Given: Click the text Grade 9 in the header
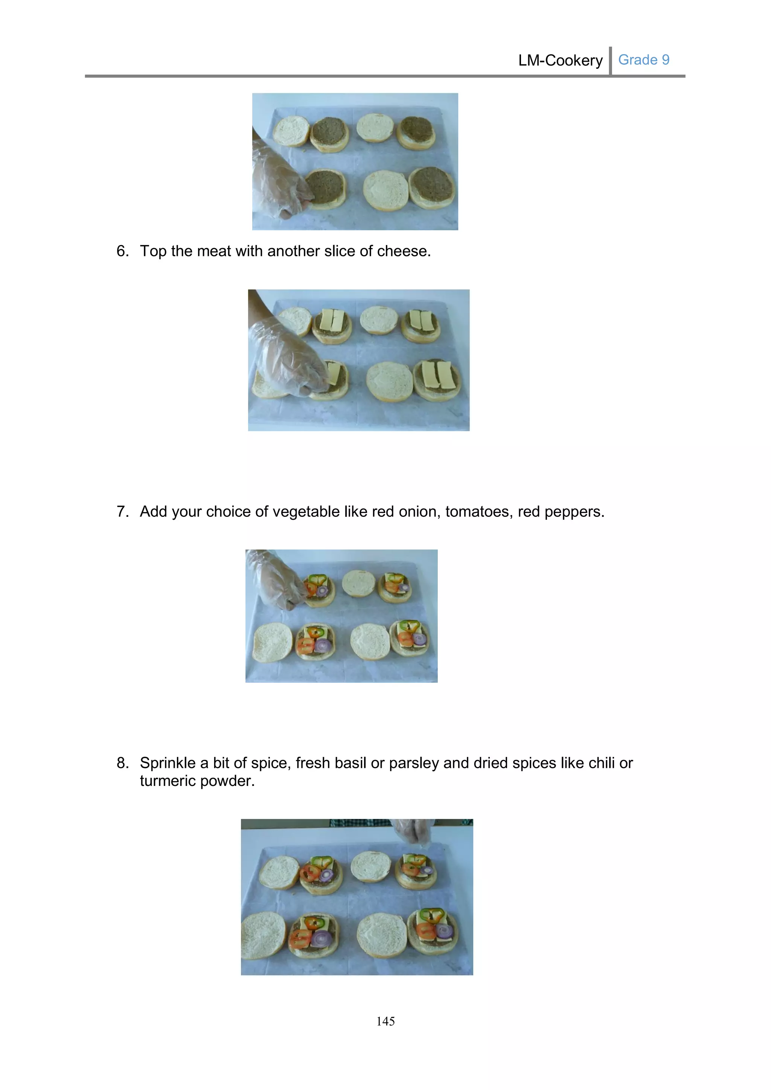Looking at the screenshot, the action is click(643, 60).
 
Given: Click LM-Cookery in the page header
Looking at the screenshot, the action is click(560, 60).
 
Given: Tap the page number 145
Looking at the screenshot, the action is click(385, 1021).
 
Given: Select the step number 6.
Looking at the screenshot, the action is click(122, 251).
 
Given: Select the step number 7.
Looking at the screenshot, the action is click(122, 512).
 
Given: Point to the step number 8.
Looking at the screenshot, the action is click(122, 763).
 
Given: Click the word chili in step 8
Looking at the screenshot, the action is click(602, 763).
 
